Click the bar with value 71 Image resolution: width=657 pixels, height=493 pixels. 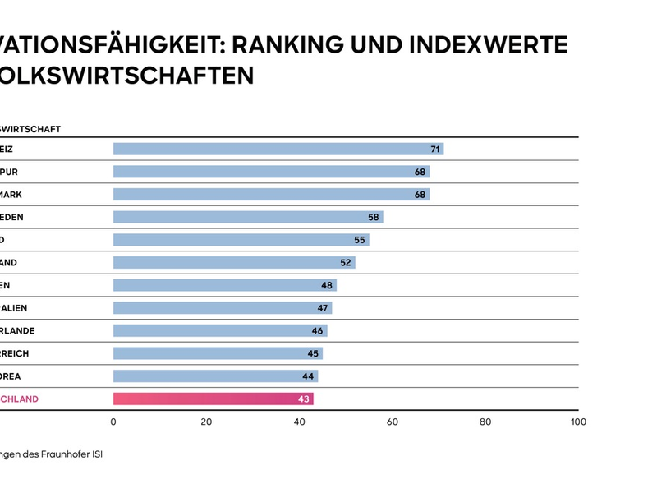[278, 149]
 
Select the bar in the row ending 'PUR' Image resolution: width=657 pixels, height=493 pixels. [271, 172]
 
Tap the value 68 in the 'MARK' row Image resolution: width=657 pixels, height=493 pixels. [420, 195]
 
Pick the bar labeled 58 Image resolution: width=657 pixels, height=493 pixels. [247, 217]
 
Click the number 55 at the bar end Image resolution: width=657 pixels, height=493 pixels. [359, 240]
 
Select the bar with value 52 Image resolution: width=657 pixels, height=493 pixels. [233, 263]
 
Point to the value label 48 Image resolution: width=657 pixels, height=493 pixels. [326, 285]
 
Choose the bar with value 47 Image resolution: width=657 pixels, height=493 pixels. [222, 308]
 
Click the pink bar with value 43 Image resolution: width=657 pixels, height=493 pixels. [213, 399]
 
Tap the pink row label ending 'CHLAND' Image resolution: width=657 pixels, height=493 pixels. [19, 399]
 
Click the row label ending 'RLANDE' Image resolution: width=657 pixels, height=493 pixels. [17, 331]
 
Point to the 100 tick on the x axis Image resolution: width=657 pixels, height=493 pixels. [578, 422]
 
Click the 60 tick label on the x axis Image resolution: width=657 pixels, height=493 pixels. [393, 422]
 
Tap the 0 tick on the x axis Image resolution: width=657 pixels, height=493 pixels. [113, 422]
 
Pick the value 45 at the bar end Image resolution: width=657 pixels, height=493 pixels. [312, 353]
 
